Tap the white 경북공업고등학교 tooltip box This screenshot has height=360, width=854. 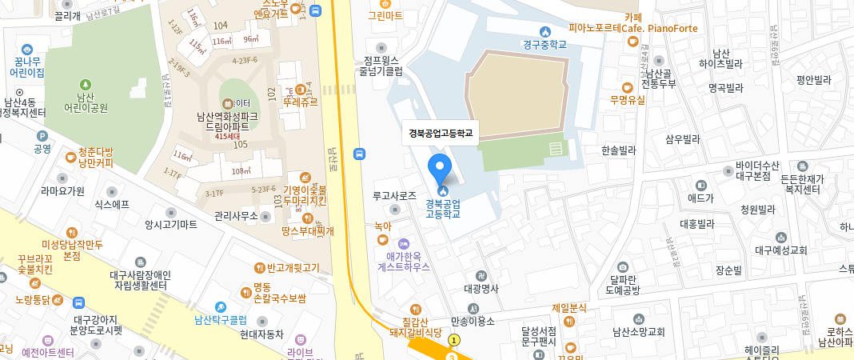coord(441,134)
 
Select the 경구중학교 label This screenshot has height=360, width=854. coord(545,45)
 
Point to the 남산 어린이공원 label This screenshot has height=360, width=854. coord(86,102)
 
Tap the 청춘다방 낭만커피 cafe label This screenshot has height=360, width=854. coord(96,158)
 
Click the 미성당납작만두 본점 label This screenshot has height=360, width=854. coord(73,249)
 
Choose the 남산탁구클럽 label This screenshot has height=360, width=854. coord(218,319)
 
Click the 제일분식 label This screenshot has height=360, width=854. coord(569,308)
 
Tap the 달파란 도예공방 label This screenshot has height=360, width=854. coord(624,284)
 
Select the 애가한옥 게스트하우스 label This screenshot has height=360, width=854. coord(404,262)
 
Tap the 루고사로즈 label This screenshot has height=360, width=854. coord(395,195)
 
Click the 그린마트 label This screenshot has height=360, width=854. coord(385,15)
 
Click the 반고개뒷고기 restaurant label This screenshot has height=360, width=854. coord(292,267)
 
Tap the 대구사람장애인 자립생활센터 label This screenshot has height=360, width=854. coord(140,280)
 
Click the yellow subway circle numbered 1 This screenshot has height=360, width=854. coord(454,340)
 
